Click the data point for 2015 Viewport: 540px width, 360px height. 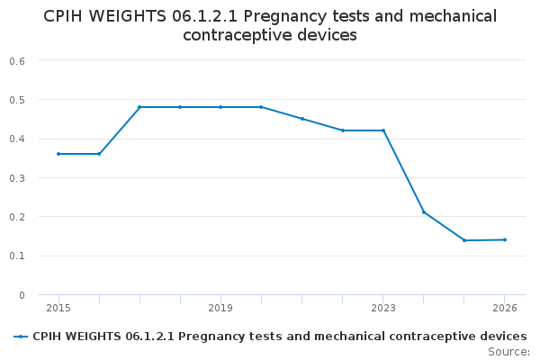coord(58,154)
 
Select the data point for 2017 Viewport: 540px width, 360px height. coord(139,107)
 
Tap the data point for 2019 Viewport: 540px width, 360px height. coord(220,107)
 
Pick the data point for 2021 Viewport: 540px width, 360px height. coord(302,119)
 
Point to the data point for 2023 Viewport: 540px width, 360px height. coord(383,130)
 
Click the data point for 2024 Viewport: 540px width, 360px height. coord(424,212)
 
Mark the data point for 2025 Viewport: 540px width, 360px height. coord(464,240)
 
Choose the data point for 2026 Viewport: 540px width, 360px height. coord(505,239)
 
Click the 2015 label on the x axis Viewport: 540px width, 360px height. coord(58,308)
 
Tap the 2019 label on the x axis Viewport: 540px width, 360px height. coord(220,308)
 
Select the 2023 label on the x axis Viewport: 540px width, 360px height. coord(383,308)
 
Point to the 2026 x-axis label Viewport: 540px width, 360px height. coord(505,308)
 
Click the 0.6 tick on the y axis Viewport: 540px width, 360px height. coord(17,60)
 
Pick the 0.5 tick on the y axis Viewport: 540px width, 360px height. coord(17,100)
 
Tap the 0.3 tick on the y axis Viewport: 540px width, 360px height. coord(17,178)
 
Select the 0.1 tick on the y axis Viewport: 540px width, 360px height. coord(17,256)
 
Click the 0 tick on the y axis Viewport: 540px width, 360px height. coord(21,295)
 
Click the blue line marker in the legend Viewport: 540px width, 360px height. coord(20,337)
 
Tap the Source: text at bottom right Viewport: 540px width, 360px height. coord(508,351)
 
